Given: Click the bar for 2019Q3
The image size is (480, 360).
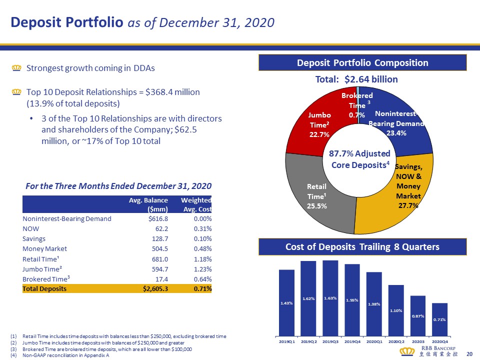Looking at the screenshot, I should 330,297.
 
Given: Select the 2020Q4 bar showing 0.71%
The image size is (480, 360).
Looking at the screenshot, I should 439,319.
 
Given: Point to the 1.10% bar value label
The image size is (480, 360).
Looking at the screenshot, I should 396,310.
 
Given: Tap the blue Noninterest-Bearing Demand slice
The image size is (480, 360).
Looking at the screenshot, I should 400,120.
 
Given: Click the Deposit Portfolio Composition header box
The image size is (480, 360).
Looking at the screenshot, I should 362,63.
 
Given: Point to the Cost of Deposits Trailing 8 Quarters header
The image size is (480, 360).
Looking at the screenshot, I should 362,246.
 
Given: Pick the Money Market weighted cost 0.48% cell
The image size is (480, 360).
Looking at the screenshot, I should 202,248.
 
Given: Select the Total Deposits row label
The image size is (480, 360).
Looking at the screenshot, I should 44,288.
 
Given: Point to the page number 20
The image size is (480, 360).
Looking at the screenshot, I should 469,354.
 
